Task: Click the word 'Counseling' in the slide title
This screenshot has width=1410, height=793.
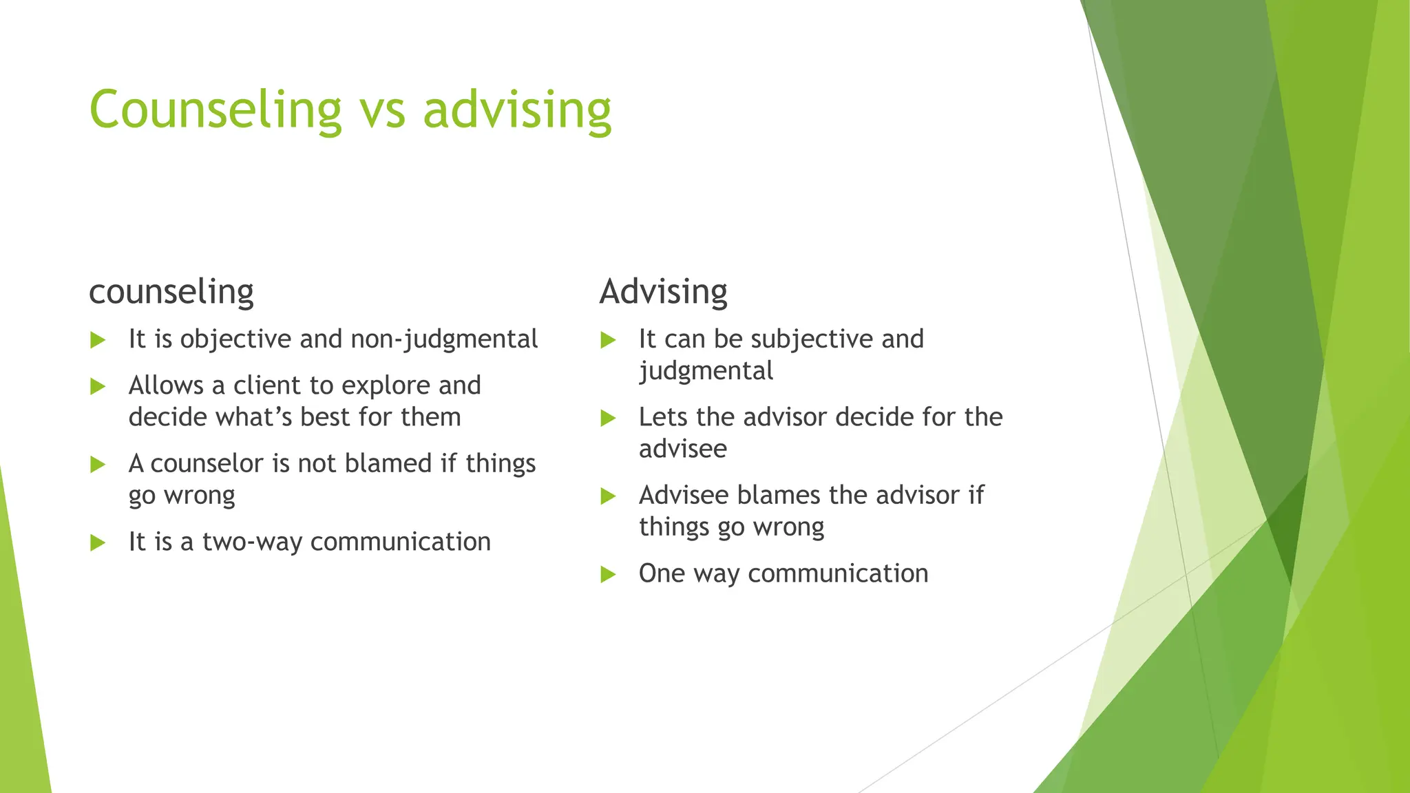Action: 215,110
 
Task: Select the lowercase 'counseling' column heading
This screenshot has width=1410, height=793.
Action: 171,292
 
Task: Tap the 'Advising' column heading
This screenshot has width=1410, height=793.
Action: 663,292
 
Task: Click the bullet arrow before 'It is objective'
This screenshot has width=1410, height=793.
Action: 98,340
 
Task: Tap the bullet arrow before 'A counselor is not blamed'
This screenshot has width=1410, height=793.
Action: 98,465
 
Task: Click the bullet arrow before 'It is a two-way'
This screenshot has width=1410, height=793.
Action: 98,543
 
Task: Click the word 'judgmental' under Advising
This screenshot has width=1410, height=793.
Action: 706,372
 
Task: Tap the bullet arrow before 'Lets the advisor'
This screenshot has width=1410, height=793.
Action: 608,418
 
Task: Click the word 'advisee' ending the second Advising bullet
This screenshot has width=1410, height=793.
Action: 682,449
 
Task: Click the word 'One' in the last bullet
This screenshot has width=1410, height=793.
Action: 662,573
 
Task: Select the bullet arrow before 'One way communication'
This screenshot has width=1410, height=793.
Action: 608,574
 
